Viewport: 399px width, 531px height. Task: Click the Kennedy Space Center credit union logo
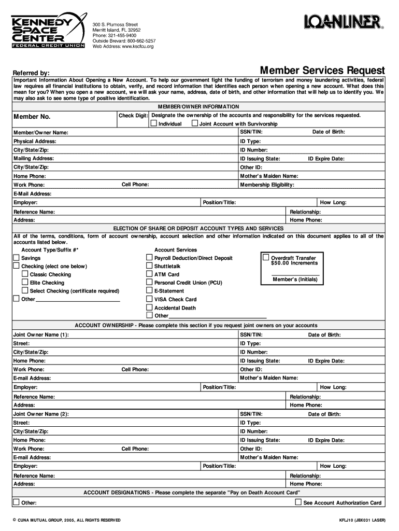(48, 30)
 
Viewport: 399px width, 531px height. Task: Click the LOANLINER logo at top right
(344, 22)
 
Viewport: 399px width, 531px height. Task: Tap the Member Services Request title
(322, 70)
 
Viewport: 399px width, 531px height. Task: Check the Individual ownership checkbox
(154, 123)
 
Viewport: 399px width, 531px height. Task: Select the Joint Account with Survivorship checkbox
(195, 123)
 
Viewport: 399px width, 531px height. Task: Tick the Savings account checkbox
(16, 258)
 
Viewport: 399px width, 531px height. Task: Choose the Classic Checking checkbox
(25, 274)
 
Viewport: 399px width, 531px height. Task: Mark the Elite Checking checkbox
(25, 282)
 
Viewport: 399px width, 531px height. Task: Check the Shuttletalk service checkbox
(149, 266)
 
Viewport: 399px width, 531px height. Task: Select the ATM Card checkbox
(149, 274)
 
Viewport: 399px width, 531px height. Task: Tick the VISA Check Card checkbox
(149, 299)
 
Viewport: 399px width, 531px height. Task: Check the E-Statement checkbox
(149, 291)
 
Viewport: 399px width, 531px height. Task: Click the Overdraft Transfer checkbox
(266, 257)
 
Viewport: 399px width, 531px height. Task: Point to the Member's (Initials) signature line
(295, 274)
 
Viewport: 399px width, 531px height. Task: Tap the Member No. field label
(32, 117)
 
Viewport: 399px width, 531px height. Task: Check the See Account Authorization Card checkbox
(298, 502)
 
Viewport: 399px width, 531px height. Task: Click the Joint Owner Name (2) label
(41, 414)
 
